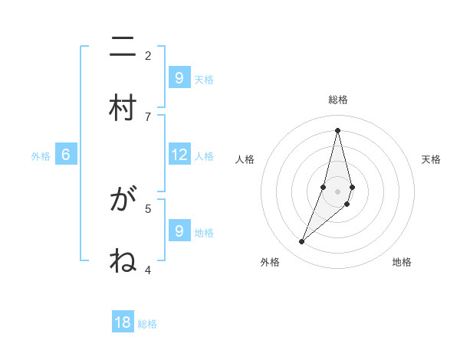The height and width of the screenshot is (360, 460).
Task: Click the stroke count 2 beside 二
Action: tap(148, 55)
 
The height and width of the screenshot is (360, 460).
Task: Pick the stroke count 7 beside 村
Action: tap(148, 116)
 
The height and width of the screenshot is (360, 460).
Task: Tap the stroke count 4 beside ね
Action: tap(148, 270)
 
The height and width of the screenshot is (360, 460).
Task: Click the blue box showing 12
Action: tap(179, 155)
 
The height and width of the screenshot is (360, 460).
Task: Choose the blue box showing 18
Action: tap(123, 322)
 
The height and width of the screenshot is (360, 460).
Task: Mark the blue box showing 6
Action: tap(66, 155)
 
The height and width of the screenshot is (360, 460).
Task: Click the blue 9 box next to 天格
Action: tap(179, 77)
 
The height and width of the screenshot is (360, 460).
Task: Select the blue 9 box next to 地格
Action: tap(179, 231)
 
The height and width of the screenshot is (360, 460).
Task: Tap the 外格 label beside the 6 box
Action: tap(41, 156)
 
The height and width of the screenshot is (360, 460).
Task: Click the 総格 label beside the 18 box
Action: tap(147, 324)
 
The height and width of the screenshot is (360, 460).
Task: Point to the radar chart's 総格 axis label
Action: tap(338, 100)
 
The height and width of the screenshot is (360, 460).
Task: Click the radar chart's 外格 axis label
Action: tap(270, 262)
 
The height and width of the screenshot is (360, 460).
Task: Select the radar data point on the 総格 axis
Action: tap(337, 130)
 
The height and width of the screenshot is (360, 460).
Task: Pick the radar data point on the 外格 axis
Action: tap(301, 242)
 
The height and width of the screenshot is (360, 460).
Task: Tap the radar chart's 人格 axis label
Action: tap(245, 159)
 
